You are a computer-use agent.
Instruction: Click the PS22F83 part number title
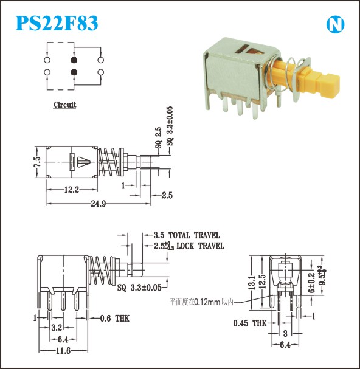[57, 23]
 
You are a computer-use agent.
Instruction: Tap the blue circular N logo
[335, 24]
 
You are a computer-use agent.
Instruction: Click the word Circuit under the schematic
[64, 105]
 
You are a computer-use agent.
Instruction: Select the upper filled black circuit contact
[74, 60]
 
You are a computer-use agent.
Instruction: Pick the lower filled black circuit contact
[74, 72]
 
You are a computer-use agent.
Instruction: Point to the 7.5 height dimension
[38, 162]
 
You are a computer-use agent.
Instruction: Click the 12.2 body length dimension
[72, 190]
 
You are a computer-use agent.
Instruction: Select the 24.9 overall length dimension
[99, 204]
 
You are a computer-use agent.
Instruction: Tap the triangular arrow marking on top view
[83, 162]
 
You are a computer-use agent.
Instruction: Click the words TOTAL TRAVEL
[194, 235]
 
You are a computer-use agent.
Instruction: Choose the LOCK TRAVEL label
[200, 246]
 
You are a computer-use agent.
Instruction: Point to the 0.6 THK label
[115, 319]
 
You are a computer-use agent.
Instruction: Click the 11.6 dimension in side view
[63, 351]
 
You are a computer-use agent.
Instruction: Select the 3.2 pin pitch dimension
[57, 327]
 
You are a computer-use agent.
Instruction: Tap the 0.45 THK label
[250, 323]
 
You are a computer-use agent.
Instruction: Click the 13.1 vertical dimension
[252, 283]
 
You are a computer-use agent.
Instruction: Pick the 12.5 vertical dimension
[262, 281]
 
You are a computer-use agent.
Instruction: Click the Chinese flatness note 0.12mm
[201, 302]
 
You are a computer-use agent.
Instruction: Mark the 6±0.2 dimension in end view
[311, 283]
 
